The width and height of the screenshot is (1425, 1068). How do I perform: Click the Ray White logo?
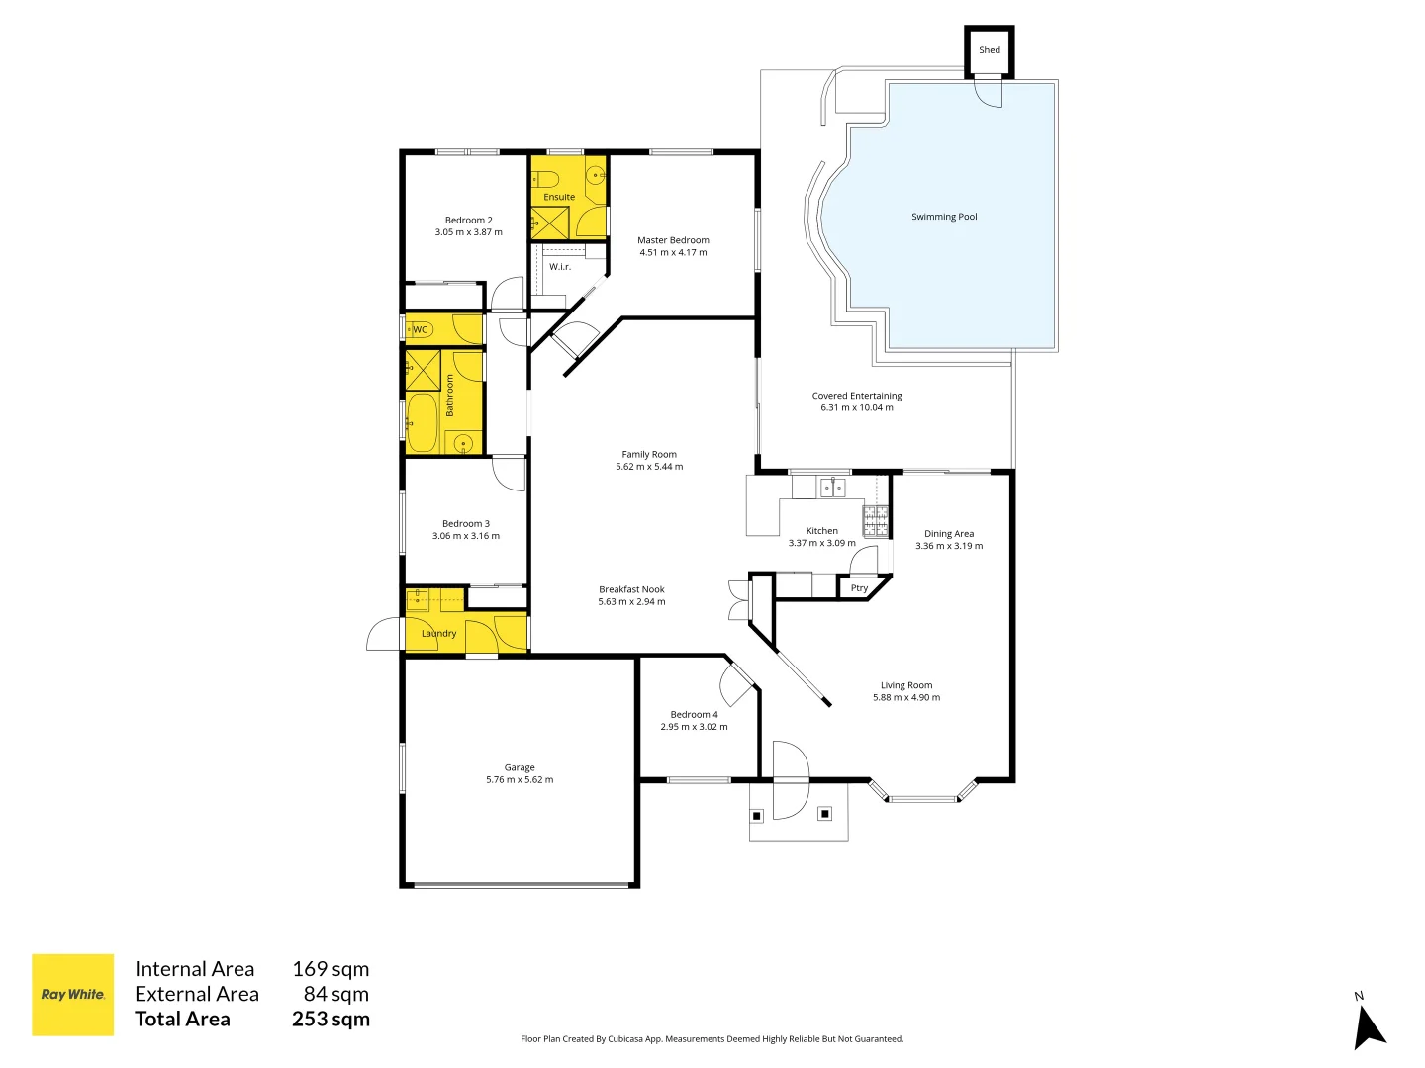pyautogui.click(x=72, y=994)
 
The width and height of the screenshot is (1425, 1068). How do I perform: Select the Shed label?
pyautogui.click(x=989, y=50)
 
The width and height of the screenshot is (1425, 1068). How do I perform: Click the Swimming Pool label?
pyautogui.click(x=944, y=217)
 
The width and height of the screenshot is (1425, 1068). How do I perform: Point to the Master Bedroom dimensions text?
pyautogui.click(x=673, y=253)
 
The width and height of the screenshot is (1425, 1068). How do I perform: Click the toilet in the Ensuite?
pyautogui.click(x=545, y=179)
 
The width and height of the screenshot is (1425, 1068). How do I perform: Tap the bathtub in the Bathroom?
pyautogui.click(x=423, y=422)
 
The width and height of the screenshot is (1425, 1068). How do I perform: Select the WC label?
pyautogui.click(x=420, y=330)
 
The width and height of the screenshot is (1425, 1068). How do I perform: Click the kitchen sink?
pyautogui.click(x=832, y=487)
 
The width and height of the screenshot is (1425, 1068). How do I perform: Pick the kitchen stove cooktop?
pyautogui.click(x=875, y=521)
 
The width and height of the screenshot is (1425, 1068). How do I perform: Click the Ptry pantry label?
pyautogui.click(x=859, y=588)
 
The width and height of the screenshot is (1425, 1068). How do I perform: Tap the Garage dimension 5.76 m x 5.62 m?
pyautogui.click(x=520, y=780)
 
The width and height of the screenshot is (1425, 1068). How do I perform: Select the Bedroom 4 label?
pyautogui.click(x=694, y=714)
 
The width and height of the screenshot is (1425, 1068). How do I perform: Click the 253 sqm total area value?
pyautogui.click(x=331, y=1020)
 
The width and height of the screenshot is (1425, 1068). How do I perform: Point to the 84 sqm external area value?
pyautogui.click(x=335, y=994)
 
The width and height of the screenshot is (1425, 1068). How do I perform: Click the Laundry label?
pyautogui.click(x=438, y=634)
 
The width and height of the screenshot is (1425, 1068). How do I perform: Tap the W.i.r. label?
pyautogui.click(x=560, y=267)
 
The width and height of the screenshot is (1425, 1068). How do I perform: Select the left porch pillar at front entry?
pyautogui.click(x=757, y=816)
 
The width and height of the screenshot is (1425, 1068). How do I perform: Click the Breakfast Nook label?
pyautogui.click(x=631, y=589)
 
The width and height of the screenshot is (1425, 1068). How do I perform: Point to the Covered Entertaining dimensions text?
pyautogui.click(x=856, y=407)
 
